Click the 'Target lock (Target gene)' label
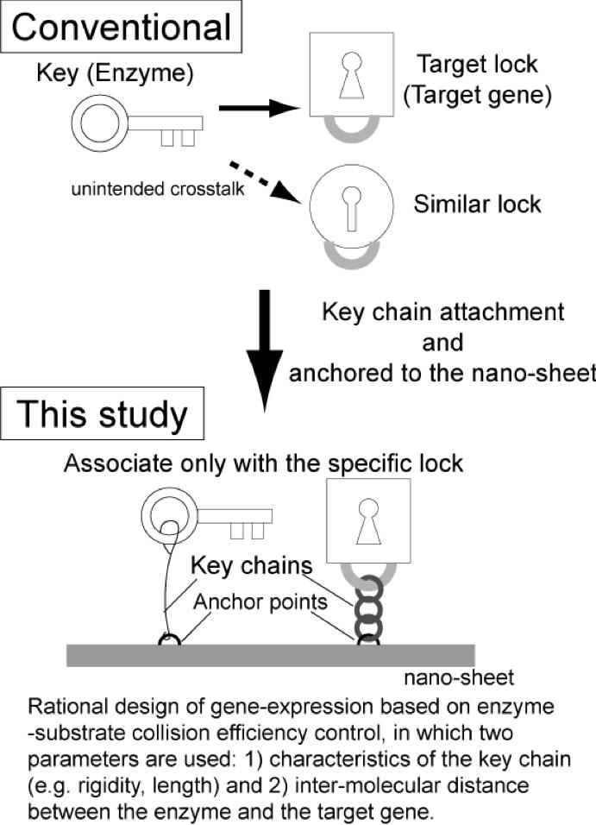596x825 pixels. point(477,80)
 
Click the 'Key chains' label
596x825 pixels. point(240,566)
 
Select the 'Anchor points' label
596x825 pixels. point(261,601)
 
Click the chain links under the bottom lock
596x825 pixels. point(368,608)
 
